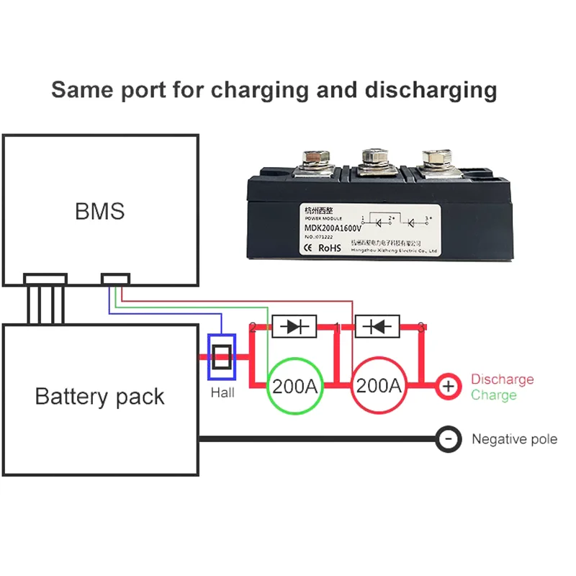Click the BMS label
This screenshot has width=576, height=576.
99,212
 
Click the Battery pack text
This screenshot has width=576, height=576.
99,397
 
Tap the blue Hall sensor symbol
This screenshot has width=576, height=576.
222,357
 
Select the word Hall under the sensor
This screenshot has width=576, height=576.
222,393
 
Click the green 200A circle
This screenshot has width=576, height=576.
294,386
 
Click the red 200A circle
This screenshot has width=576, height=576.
379,386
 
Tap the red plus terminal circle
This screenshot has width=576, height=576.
448,387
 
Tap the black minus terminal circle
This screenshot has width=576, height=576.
448,439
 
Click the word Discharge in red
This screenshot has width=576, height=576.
503,379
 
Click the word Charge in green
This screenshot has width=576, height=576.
494,395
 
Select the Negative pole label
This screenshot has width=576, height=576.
514,439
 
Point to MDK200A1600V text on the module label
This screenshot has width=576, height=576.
332,230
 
